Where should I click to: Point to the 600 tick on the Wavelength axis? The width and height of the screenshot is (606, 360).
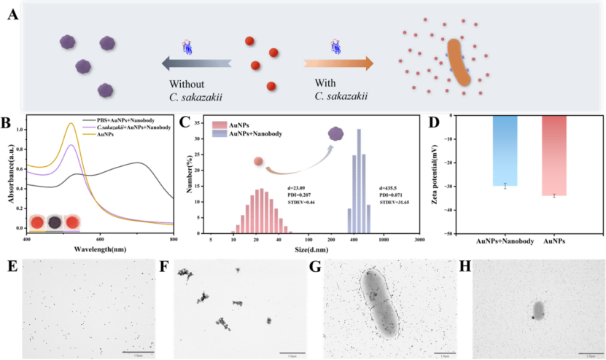pos(100,239)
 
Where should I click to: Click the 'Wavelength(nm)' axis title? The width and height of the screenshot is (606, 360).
pos(101,249)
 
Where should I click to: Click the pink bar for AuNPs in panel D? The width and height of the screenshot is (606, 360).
pos(554,156)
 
